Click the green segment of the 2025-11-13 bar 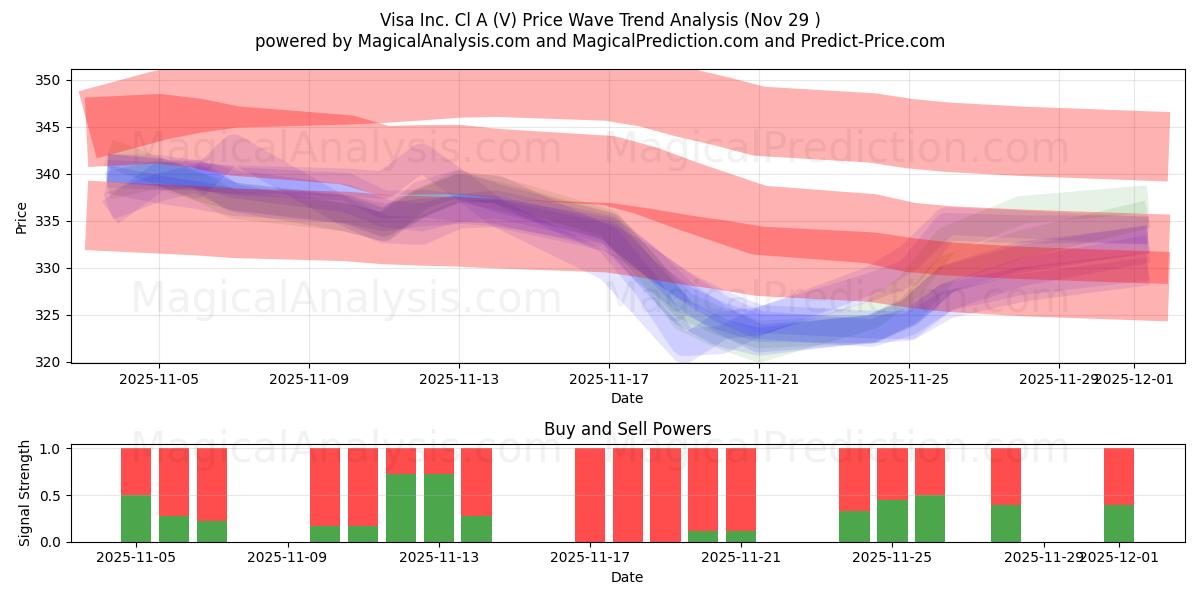(x=439, y=508)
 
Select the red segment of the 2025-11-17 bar (x=590, y=494)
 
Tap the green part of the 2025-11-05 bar (x=136, y=518)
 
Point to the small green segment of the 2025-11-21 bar (x=741, y=536)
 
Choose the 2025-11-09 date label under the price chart (x=309, y=380)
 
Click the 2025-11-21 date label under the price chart (x=760, y=380)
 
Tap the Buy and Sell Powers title (x=627, y=429)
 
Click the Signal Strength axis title (x=25, y=494)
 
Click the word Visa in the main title (x=397, y=20)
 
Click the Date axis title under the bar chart (x=627, y=577)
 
